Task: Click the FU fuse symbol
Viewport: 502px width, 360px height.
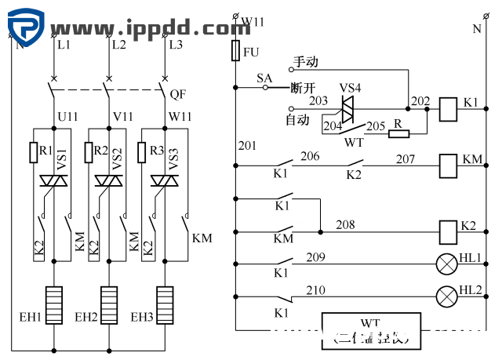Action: click(x=235, y=52)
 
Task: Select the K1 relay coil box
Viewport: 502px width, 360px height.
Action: click(x=449, y=108)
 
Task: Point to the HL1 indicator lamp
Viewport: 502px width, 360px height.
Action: click(x=447, y=264)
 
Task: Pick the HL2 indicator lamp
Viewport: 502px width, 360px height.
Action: click(x=447, y=296)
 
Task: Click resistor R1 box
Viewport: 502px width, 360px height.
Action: click(x=35, y=151)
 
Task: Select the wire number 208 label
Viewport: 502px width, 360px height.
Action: click(x=346, y=224)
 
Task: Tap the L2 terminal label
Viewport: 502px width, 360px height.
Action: click(x=118, y=45)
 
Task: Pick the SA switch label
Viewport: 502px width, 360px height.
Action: click(x=264, y=78)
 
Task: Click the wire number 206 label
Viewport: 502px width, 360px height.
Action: click(x=310, y=157)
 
